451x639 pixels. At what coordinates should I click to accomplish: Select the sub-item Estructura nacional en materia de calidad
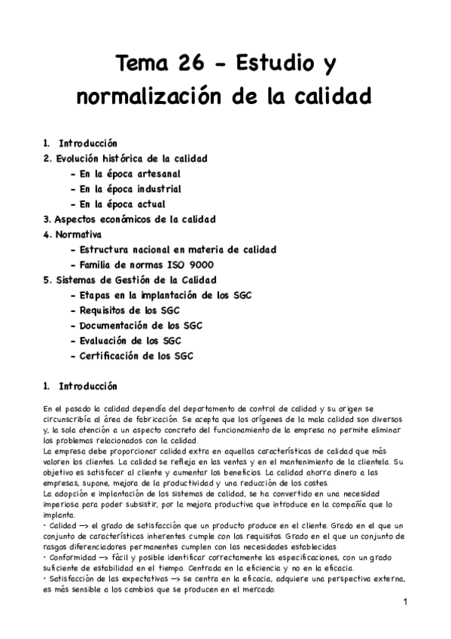click(x=172, y=249)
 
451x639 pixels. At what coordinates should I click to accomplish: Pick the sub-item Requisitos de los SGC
click(x=129, y=310)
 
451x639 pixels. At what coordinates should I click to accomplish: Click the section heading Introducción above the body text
click(x=87, y=387)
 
